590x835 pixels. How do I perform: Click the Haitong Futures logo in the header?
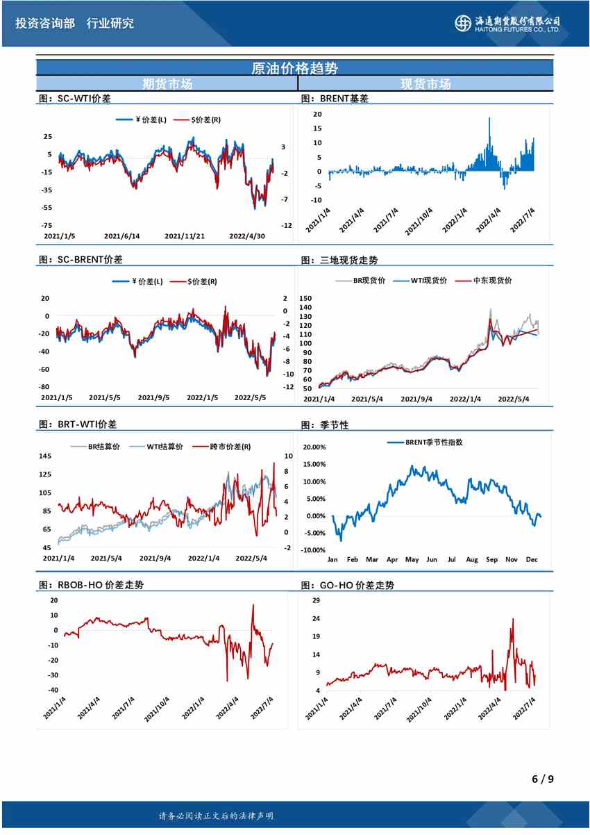(x=507, y=23)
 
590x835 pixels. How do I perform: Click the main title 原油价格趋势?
(x=295, y=68)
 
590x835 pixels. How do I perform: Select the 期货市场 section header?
(x=167, y=84)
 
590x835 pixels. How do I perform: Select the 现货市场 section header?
(x=425, y=84)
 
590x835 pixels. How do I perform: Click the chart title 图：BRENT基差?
(x=335, y=99)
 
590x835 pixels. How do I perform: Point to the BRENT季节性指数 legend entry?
(x=434, y=442)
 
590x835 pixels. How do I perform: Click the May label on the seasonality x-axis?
(x=412, y=559)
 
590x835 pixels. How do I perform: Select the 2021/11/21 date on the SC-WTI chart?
(x=185, y=236)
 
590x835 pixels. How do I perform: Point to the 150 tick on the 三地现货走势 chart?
(x=306, y=298)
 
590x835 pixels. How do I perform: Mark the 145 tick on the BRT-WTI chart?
(x=45, y=456)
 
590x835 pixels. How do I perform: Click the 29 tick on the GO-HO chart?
(x=317, y=600)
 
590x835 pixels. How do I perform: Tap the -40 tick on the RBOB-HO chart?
(x=52, y=690)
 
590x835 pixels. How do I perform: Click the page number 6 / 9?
(x=542, y=779)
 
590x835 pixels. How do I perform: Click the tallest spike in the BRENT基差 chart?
(x=489, y=119)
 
